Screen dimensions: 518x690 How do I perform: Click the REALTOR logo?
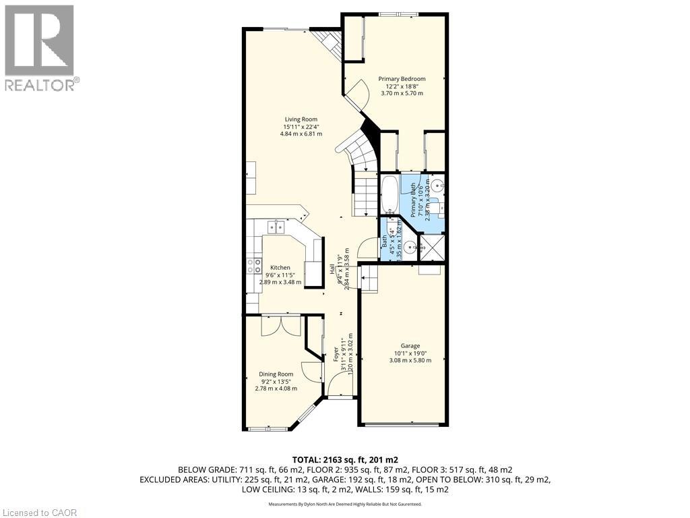(x=40, y=48)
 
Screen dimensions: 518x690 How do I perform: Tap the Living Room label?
(x=301, y=119)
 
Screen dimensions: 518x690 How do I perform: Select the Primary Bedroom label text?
(x=402, y=79)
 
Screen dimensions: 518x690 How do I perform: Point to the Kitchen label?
(x=280, y=268)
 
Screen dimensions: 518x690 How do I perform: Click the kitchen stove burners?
(x=254, y=265)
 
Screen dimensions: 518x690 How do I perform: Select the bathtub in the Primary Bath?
(x=390, y=195)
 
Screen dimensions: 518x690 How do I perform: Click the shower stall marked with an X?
(x=431, y=248)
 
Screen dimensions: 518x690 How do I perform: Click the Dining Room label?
(x=276, y=374)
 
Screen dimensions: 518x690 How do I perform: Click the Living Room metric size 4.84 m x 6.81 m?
(x=301, y=134)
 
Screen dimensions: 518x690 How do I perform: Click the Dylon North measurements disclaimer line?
(x=344, y=504)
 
